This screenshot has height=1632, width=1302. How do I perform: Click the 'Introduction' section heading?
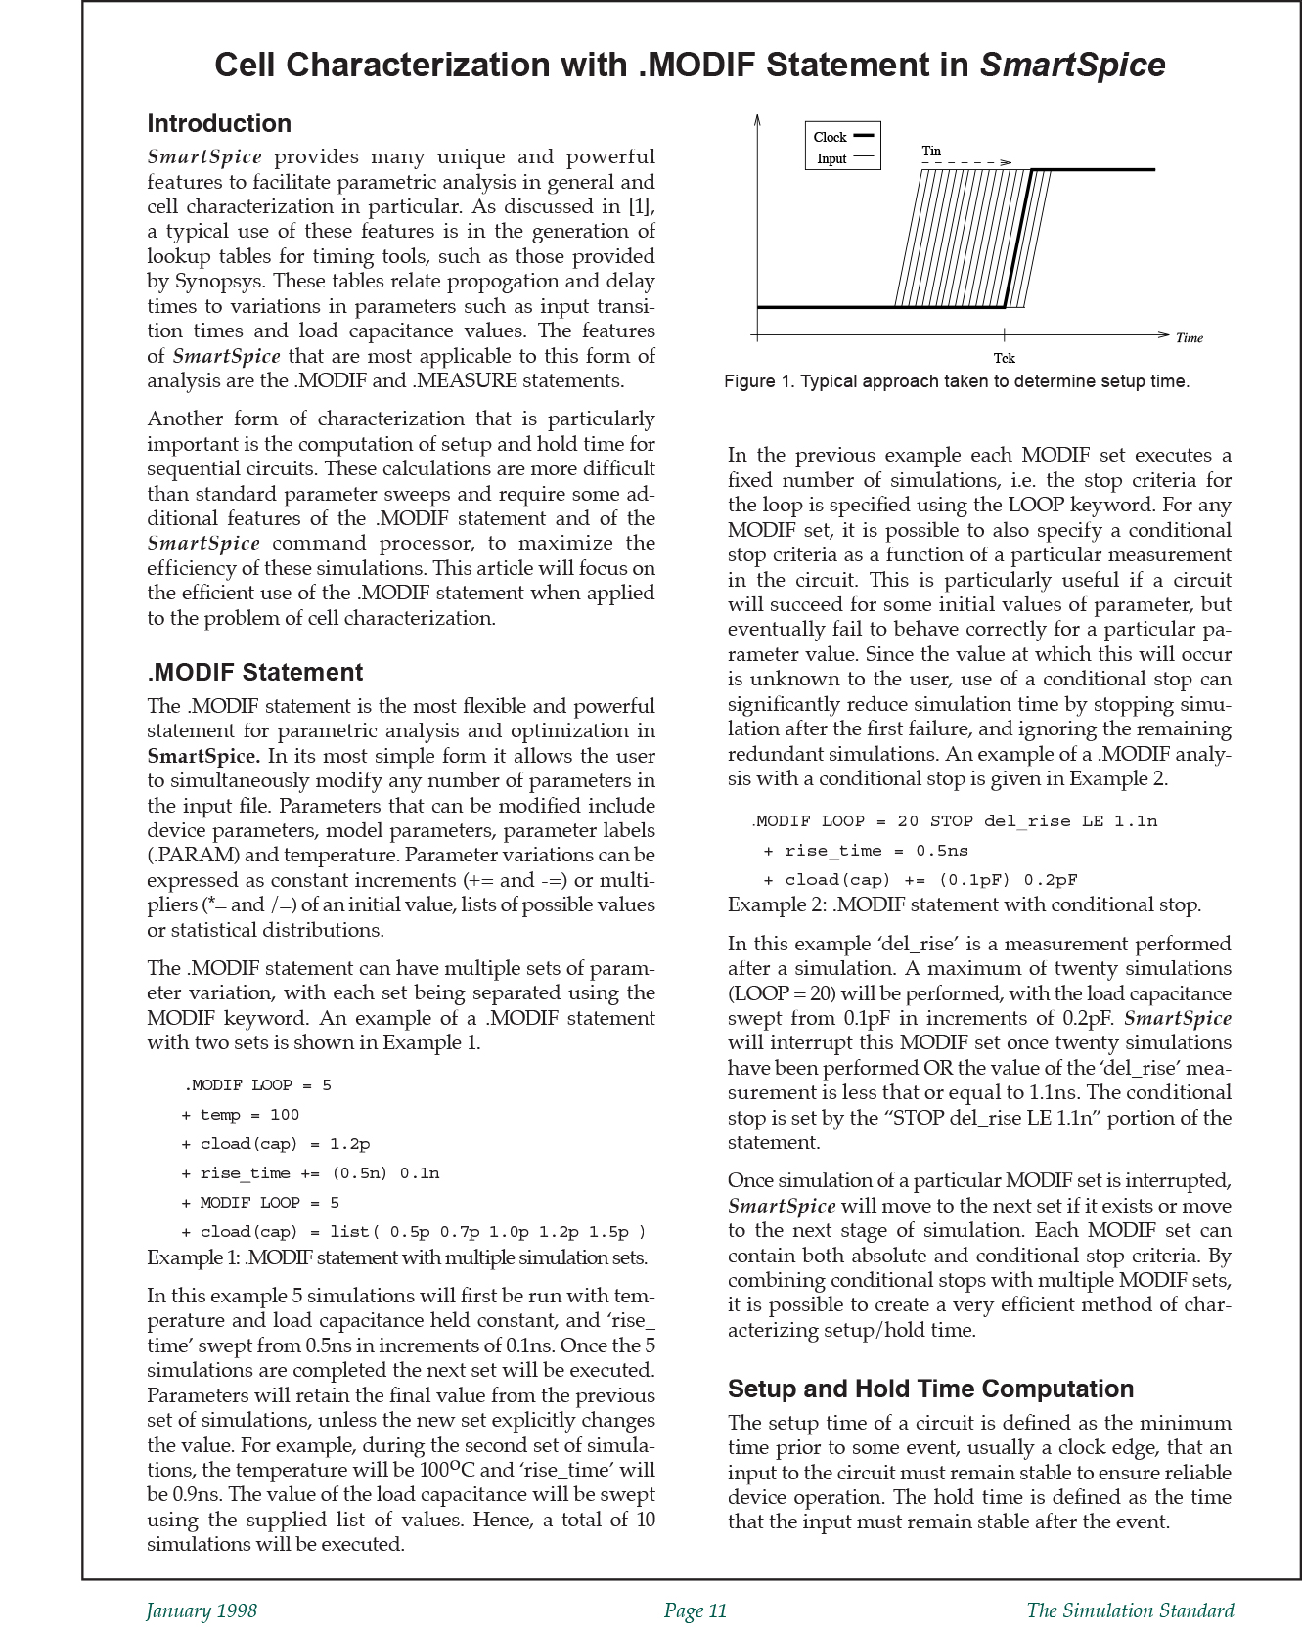(219, 124)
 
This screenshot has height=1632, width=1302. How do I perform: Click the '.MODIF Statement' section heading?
(254, 673)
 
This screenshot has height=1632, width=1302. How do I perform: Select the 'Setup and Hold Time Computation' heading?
(930, 1389)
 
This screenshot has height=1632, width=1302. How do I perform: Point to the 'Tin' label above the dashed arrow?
(931, 152)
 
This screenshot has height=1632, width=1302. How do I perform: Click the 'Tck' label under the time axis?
(1004, 359)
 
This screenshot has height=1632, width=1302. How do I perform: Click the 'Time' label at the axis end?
(1189, 338)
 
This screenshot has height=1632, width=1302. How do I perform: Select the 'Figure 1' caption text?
(956, 382)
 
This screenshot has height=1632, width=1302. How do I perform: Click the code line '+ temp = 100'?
(241, 1115)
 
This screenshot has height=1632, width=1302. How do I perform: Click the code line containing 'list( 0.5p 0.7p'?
(414, 1232)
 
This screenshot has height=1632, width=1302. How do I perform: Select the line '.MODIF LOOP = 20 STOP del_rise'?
(955, 821)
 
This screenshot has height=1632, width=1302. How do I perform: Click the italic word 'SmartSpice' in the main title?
(1072, 66)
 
